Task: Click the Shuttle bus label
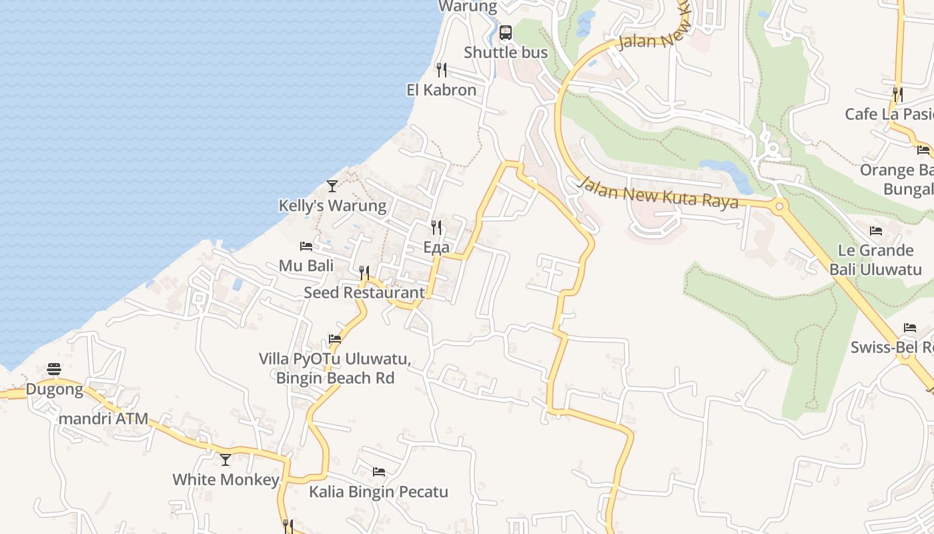[x=506, y=53]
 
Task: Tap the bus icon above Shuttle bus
[x=506, y=32]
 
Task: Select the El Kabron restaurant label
[x=442, y=90]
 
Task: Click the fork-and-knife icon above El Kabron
[x=441, y=69]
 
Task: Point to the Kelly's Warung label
[x=332, y=206]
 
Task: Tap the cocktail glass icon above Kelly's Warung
[x=332, y=186]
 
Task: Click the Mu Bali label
[x=306, y=266]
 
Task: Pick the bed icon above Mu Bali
[x=306, y=246]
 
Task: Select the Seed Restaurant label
[x=364, y=292]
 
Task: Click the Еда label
[x=436, y=248]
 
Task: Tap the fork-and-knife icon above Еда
[x=436, y=228]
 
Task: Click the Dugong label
[x=55, y=389]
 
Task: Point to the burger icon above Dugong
[x=54, y=369]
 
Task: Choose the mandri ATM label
[x=103, y=420]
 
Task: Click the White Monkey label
[x=225, y=479]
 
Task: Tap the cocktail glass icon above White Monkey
[x=225, y=459]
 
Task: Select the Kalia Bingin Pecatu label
[x=378, y=492]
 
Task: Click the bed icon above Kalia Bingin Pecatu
[x=379, y=472]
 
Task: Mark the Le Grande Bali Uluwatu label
[x=876, y=260]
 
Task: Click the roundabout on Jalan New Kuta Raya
[x=779, y=206]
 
